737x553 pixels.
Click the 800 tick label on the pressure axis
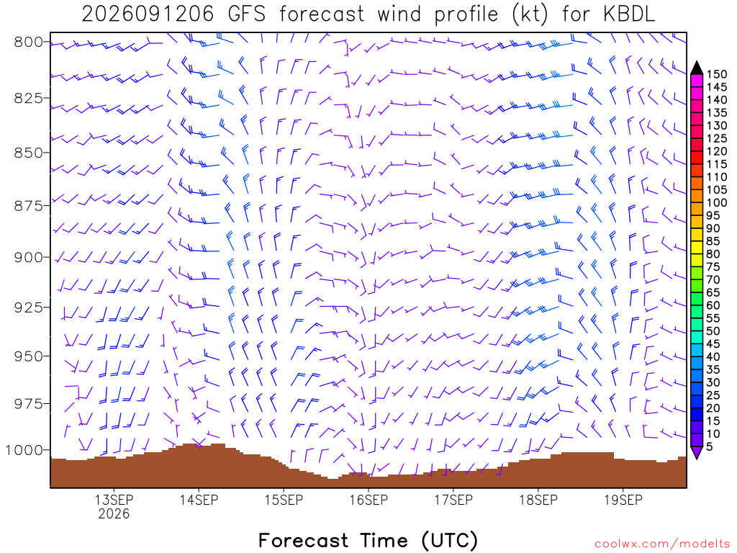[x=29, y=42]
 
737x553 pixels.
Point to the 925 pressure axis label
[x=29, y=307]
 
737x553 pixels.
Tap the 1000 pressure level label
[x=24, y=451]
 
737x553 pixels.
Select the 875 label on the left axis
[x=29, y=206]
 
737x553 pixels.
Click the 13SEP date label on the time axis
[x=114, y=500]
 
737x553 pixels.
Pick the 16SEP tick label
[x=369, y=500]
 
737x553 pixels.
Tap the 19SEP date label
[x=623, y=500]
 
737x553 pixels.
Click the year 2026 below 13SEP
[x=114, y=513]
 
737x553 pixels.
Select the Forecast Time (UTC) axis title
[x=368, y=540]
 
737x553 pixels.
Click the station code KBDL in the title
[x=628, y=14]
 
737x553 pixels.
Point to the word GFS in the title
[x=246, y=14]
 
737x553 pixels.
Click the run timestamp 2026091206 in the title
[x=148, y=14]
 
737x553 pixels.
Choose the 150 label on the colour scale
[x=717, y=74]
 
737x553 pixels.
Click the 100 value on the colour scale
[x=717, y=202]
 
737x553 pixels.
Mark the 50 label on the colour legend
[x=713, y=331]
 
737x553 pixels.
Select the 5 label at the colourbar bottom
[x=710, y=446]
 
